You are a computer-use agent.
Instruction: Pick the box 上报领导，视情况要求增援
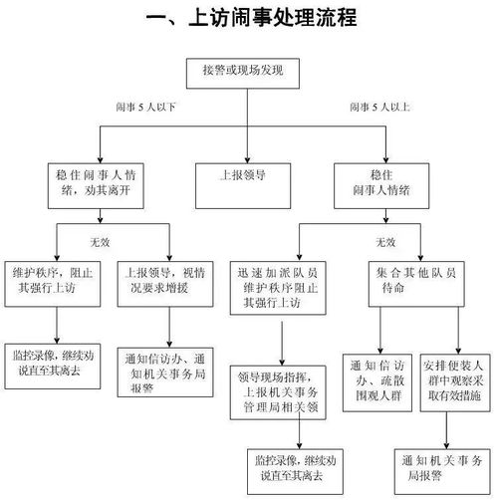coord(166,278)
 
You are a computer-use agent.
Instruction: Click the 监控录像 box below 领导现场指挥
coord(300,468)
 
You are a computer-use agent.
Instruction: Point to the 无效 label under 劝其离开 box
coord(101,241)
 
